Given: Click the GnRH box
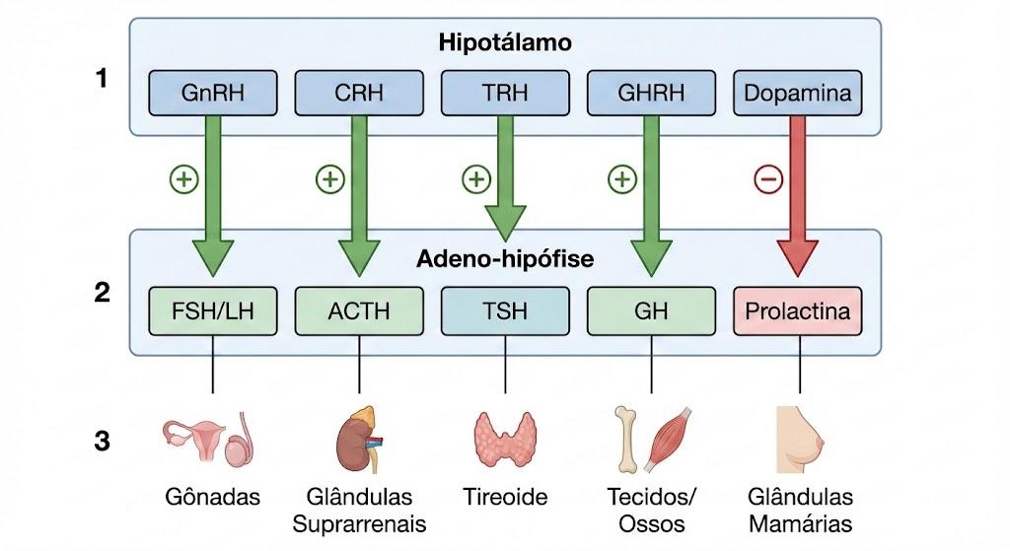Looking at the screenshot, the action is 213,94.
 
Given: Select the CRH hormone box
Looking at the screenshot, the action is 359,94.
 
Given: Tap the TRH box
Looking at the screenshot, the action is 505,94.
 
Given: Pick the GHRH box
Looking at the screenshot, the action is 651,94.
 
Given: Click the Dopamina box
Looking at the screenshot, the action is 797,94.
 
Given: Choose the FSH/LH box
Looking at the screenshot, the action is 213,310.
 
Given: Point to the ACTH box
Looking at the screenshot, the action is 359,310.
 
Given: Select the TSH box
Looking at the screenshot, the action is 505,310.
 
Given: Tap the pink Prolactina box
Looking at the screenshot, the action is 797,310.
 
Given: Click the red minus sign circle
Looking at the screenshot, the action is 768,179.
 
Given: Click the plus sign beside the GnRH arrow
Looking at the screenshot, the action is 184,179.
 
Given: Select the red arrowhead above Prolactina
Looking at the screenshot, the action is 797,258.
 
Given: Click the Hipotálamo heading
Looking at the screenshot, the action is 505,42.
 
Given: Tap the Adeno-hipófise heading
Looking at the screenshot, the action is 505,259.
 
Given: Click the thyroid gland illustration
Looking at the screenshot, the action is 505,439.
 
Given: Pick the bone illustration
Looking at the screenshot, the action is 626,439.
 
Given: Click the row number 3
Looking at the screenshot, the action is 102,442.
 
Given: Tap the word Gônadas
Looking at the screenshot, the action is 213,497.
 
